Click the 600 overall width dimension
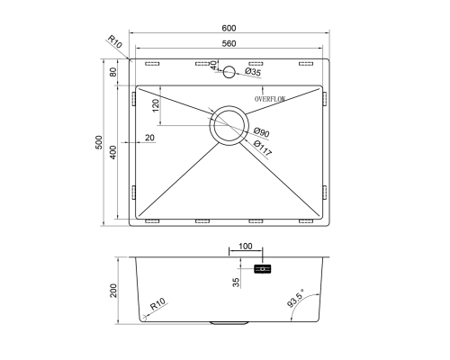click(229, 28)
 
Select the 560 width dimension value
click(229, 44)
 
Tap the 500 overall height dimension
click(99, 142)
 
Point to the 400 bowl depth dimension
click(112, 152)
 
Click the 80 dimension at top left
click(112, 72)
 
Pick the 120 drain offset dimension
click(156, 106)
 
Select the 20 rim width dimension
click(149, 138)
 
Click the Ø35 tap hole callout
click(253, 72)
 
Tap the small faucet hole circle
click(229, 72)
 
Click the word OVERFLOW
click(270, 99)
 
